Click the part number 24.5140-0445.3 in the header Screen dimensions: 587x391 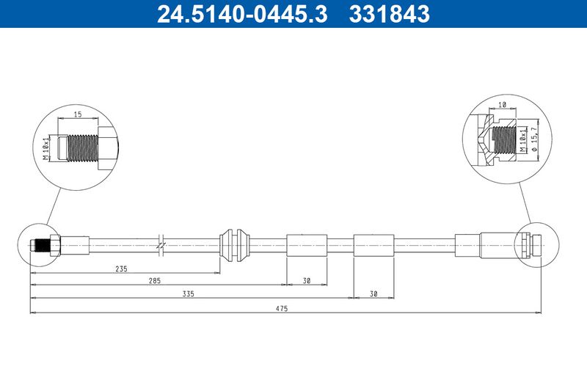242,14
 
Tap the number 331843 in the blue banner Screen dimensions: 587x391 390,14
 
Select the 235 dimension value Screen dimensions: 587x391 121,268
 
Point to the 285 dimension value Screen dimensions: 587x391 154,281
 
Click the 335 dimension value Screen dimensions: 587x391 188,293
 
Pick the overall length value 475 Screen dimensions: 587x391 282,308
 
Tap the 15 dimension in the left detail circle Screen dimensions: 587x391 78,114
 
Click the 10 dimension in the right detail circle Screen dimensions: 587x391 503,105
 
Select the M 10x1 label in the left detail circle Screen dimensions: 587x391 46,148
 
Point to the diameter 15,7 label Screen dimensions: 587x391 534,139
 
